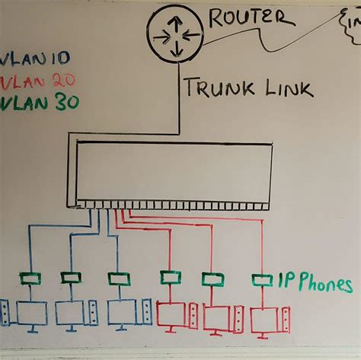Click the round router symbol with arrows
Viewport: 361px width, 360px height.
point(174,35)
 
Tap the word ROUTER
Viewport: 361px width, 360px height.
point(247,18)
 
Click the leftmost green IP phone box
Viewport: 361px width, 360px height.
point(30,279)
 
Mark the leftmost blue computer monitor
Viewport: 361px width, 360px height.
point(32,313)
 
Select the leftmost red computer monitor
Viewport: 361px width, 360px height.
point(171,313)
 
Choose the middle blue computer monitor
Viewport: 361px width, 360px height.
point(72,313)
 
